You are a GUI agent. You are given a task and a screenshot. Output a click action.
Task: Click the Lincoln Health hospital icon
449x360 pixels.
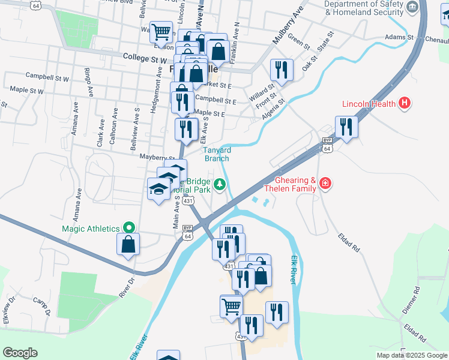coord(405,103)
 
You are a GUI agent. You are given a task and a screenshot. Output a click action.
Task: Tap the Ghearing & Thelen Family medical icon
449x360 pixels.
coord(325,182)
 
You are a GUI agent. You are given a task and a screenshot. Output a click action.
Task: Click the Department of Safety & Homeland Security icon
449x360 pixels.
coord(412,8)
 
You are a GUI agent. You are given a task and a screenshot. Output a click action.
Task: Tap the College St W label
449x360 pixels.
coord(144,59)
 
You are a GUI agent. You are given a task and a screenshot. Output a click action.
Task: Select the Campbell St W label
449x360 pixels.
coord(47,77)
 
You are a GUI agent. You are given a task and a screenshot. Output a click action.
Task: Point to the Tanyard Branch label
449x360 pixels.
coord(216,154)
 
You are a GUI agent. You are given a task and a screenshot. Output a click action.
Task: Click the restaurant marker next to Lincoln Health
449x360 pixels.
coord(346,127)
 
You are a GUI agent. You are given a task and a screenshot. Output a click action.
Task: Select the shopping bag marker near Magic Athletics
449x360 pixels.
coord(128,244)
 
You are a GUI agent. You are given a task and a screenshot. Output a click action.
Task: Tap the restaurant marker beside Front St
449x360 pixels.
coord(281,70)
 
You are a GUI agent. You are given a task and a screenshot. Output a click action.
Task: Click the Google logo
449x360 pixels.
coord(20,353)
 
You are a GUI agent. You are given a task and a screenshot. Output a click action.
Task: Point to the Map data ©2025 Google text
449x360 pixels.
coord(411,355)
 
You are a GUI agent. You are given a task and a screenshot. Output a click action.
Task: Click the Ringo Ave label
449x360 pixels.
coord(89,83)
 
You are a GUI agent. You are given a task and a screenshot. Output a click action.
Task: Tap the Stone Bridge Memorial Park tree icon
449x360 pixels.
coord(220,184)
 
